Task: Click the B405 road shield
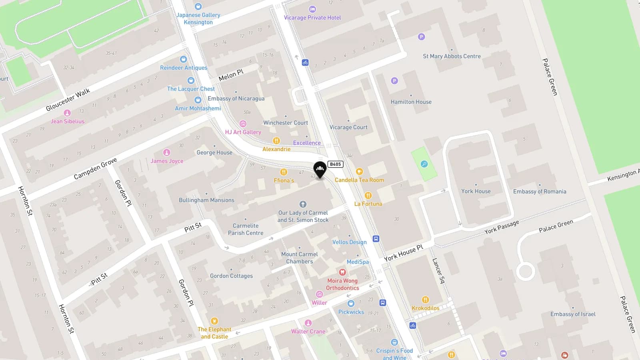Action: tap(335, 164)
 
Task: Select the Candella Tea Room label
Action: tap(359, 180)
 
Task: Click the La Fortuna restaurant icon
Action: tap(368, 195)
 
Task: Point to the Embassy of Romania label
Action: tap(540, 192)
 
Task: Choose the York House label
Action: tap(476, 191)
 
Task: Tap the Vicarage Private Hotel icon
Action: tap(312, 9)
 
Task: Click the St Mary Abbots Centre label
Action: tap(452, 56)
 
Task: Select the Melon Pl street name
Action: tap(231, 75)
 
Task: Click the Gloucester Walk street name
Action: tap(68, 100)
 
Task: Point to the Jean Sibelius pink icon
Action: tap(67, 113)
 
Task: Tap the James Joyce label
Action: tap(167, 161)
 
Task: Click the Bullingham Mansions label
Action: tap(206, 200)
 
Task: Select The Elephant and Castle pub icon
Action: tap(214, 321)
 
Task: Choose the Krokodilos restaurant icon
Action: tap(425, 300)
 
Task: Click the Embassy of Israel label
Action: tap(573, 314)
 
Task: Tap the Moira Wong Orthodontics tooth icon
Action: tap(342, 272)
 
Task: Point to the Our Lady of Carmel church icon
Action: tap(303, 204)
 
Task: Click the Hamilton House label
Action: tap(411, 102)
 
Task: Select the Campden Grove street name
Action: tap(95, 168)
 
